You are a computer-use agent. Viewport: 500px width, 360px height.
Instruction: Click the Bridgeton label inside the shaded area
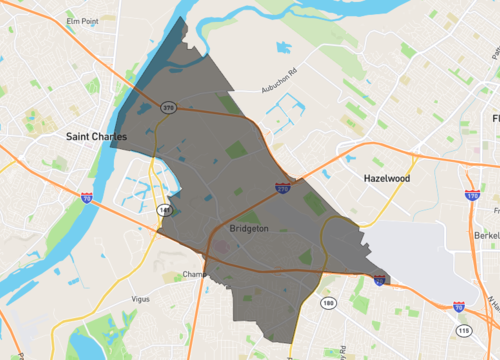pyautogui.click(x=258, y=228)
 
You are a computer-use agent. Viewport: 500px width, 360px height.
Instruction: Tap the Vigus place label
pyautogui.click(x=146, y=298)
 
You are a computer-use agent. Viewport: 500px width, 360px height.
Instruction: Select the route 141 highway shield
pyautogui.click(x=163, y=209)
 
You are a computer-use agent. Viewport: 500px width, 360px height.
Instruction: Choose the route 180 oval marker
pyautogui.click(x=327, y=302)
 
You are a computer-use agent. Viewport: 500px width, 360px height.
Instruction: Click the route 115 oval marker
pyautogui.click(x=463, y=330)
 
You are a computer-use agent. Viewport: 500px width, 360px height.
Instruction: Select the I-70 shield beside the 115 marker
pyautogui.click(x=458, y=307)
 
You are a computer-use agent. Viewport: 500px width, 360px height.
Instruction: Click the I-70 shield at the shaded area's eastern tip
pyautogui.click(x=380, y=281)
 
